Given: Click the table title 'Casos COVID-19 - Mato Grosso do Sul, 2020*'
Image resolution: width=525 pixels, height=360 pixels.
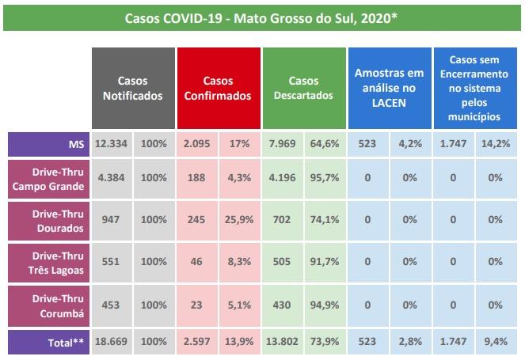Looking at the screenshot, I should (261, 17).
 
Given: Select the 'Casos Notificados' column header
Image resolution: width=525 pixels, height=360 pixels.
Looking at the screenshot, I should (133, 88).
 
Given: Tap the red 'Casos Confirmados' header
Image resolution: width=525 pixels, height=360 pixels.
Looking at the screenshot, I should (218, 88).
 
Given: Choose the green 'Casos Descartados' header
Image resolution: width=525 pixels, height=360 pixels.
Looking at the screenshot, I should (303, 88).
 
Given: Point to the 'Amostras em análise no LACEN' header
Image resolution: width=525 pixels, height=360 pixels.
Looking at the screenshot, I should (389, 88).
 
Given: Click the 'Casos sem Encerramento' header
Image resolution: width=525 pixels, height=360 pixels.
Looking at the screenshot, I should (474, 88).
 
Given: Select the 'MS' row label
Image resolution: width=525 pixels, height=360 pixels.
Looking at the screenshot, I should (48, 144).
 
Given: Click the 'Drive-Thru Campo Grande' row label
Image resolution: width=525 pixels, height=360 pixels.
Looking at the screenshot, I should (48, 179).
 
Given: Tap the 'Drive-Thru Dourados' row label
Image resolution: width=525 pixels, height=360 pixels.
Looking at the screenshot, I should (48, 222).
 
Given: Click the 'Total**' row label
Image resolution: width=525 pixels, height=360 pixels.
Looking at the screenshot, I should (48, 342).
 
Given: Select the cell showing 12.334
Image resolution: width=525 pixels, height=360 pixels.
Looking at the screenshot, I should (112, 144).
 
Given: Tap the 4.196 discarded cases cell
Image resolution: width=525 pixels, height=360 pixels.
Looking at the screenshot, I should (282, 179).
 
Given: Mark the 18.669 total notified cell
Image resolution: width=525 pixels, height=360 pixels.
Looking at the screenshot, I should (112, 342).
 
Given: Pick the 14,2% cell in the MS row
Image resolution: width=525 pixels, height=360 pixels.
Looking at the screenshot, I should (496, 144).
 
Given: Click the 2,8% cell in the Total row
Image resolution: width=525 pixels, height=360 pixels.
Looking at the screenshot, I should (410, 342).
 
